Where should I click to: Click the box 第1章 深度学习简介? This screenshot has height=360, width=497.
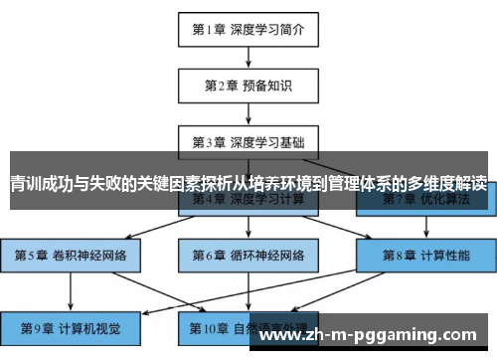pyautogui.click(x=248, y=29)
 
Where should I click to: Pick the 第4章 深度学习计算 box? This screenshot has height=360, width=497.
pyautogui.click(x=248, y=199)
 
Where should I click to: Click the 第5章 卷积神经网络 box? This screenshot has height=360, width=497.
pyautogui.click(x=71, y=255)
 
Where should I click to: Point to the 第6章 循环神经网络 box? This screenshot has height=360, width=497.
pyautogui.click(x=248, y=255)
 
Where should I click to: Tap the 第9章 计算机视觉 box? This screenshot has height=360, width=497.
pyautogui.click(x=71, y=327)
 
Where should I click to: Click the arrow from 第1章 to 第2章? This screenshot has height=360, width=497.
pyautogui.click(x=248, y=57)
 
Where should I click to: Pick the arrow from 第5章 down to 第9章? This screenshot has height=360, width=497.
pyautogui.click(x=71, y=290)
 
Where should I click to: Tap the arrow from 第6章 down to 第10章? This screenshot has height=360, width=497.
pyautogui.click(x=248, y=290)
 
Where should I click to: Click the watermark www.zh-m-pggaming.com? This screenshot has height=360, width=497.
pyautogui.click(x=374, y=335)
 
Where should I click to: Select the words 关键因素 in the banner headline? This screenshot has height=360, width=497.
pyautogui.click(x=175, y=184)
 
